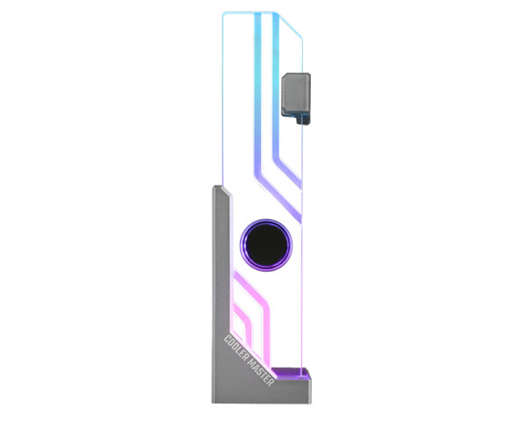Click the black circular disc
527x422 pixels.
point(266,245)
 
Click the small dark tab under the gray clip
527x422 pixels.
point(303,120)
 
